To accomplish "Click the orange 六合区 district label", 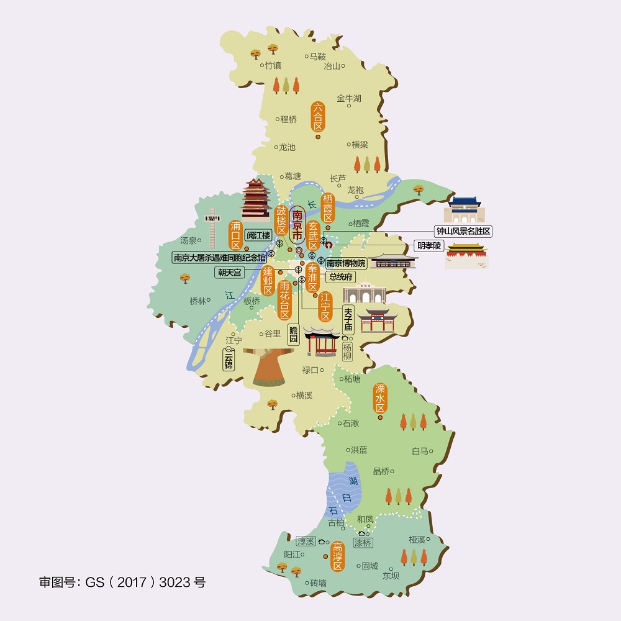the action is pos(318,117).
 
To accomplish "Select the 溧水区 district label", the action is pos(380,398).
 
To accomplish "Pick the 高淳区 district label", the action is pos(337,556).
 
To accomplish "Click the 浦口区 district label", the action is pos(235,234).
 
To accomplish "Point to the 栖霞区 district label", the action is pos(329,207).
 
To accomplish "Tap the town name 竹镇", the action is pos(273,65).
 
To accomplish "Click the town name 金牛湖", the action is pos(349,98).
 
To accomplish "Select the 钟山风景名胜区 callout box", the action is pos(463,231).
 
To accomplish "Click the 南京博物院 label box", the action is pos(346,263).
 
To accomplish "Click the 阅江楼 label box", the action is pos(258,235).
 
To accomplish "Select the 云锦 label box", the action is pos(229,359).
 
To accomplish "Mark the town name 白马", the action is pos(420,451).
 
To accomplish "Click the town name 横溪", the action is pos(304,395).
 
